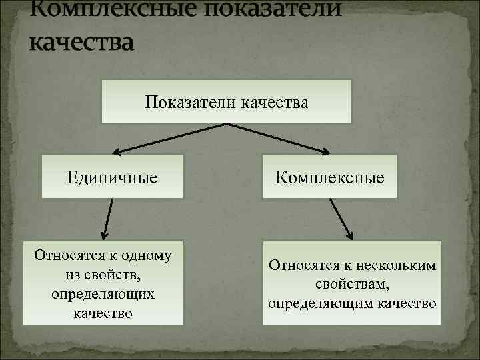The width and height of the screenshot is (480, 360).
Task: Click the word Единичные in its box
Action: coord(112,177)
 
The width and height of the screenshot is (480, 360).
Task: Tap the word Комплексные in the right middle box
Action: coord(330,178)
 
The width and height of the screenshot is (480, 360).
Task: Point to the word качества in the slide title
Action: coord(82,41)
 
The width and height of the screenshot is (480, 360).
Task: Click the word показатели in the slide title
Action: coord(259,9)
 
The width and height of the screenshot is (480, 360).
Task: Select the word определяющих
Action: coord(103,293)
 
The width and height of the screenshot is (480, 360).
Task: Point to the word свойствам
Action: coord(353,284)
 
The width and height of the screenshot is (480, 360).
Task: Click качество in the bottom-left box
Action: coord(103,312)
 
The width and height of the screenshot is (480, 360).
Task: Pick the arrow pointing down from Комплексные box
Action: coord(341,218)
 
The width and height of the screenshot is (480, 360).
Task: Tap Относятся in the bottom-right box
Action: coord(300,265)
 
